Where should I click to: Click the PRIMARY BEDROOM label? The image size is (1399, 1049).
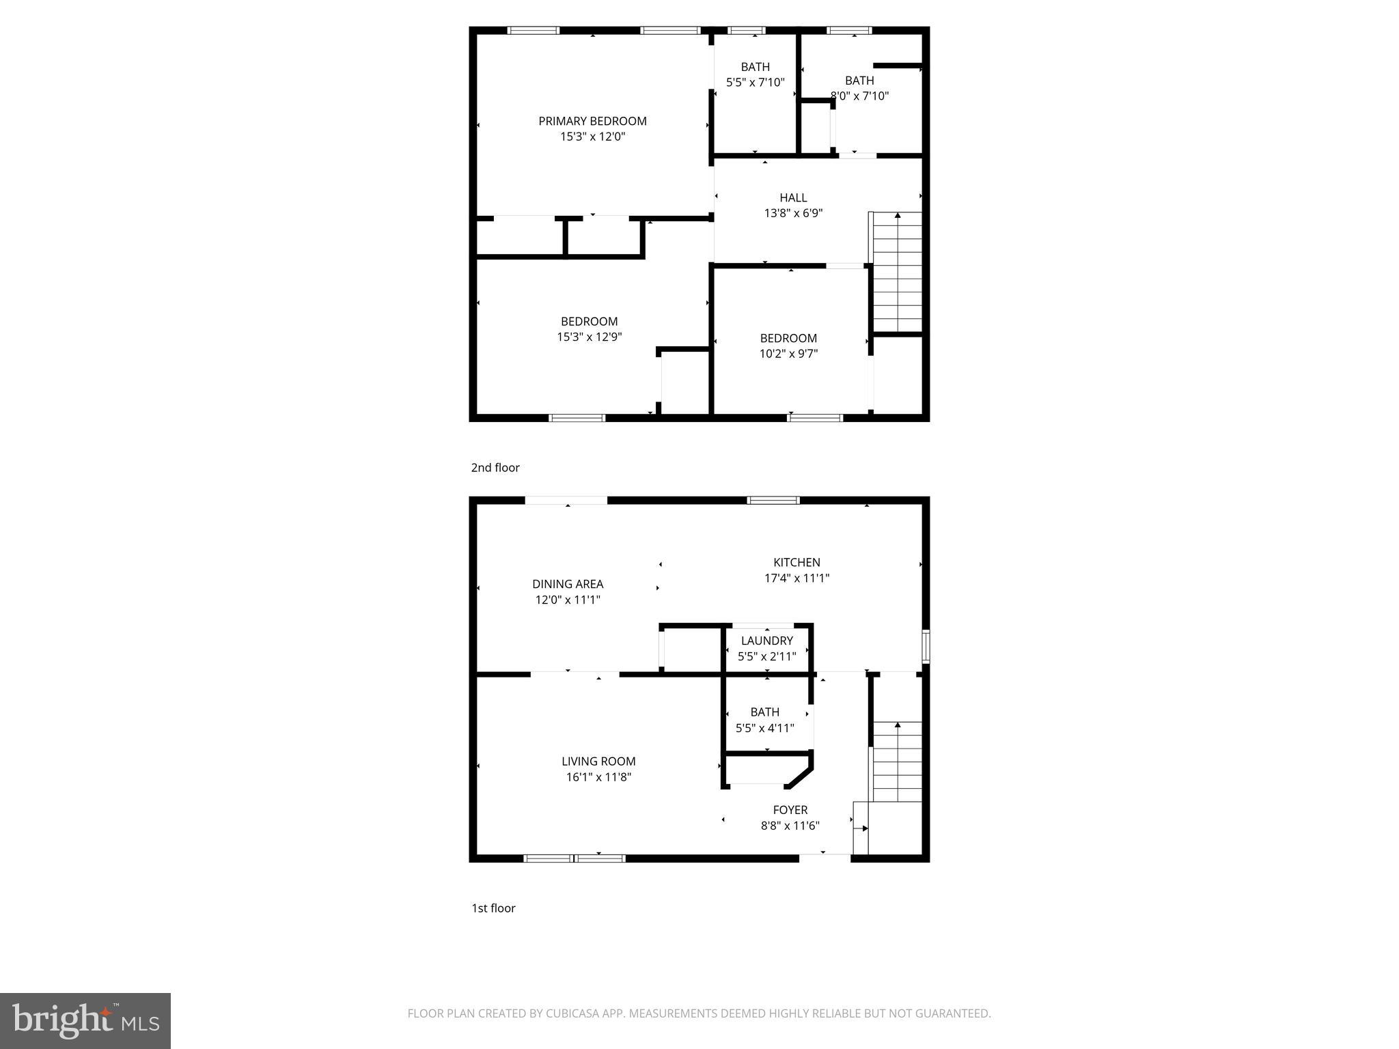point(592,121)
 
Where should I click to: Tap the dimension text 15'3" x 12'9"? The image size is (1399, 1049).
point(589,337)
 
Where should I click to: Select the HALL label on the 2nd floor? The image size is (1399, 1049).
point(793,198)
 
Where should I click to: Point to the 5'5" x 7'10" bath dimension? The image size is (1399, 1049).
point(755,82)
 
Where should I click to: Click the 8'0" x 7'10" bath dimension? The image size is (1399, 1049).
point(859,96)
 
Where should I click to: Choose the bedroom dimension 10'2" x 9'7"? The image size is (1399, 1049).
point(788,354)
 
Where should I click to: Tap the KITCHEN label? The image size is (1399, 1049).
point(797,563)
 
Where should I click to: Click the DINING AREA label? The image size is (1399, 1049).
point(568,584)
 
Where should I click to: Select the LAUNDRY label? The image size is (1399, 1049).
point(766,641)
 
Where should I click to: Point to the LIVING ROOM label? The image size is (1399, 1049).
point(598,761)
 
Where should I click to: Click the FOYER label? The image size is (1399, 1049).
point(790,810)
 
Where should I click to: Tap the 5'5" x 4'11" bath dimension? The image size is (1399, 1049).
point(764,728)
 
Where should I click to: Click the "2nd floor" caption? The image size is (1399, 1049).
point(495,468)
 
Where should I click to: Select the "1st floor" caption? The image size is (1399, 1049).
point(493,908)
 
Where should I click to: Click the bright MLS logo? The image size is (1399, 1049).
point(85,1021)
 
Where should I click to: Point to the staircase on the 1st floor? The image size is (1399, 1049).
point(897,761)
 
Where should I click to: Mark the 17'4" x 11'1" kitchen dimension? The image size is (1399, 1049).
point(797,578)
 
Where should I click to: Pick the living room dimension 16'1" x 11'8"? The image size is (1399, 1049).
point(598,777)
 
